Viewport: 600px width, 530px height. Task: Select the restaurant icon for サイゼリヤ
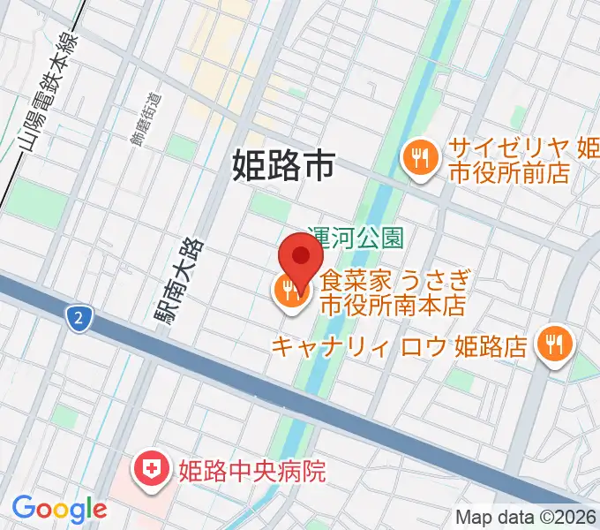[x=417, y=159]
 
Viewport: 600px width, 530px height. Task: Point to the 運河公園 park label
[x=356, y=237]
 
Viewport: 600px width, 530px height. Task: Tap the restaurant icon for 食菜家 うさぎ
[x=289, y=291]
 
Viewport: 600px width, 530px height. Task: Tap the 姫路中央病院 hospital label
[x=251, y=471]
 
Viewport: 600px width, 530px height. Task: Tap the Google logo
[x=59, y=509]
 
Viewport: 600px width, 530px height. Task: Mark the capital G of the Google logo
[x=24, y=508]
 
